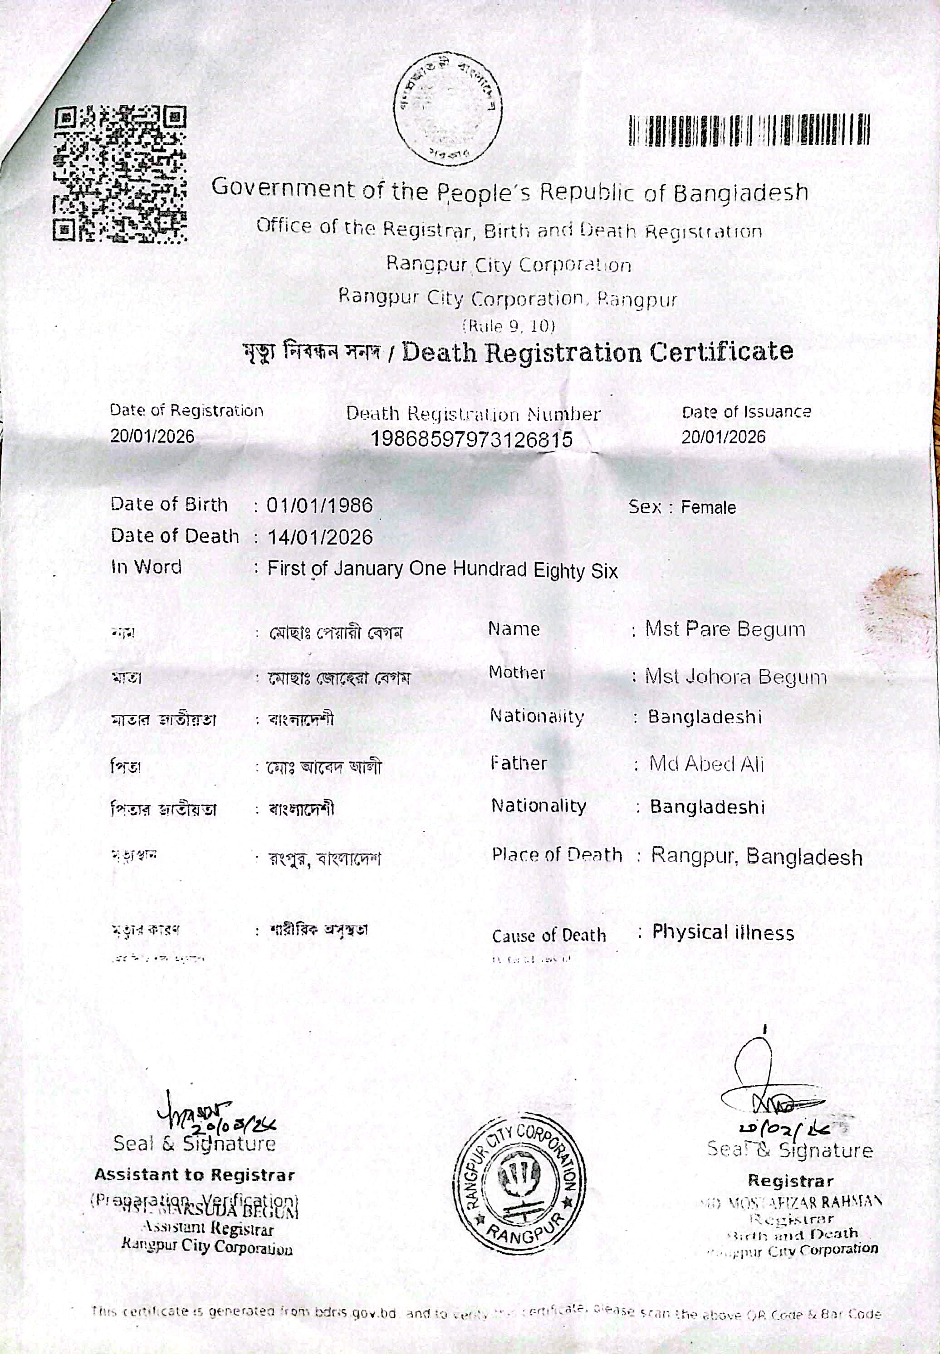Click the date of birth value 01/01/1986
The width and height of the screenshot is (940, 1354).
(x=320, y=505)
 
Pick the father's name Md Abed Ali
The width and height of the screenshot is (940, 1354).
(x=706, y=765)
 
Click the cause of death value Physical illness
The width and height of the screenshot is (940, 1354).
(x=723, y=933)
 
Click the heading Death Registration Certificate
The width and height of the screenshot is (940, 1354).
(x=598, y=352)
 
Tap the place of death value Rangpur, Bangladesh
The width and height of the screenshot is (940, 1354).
(x=756, y=857)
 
